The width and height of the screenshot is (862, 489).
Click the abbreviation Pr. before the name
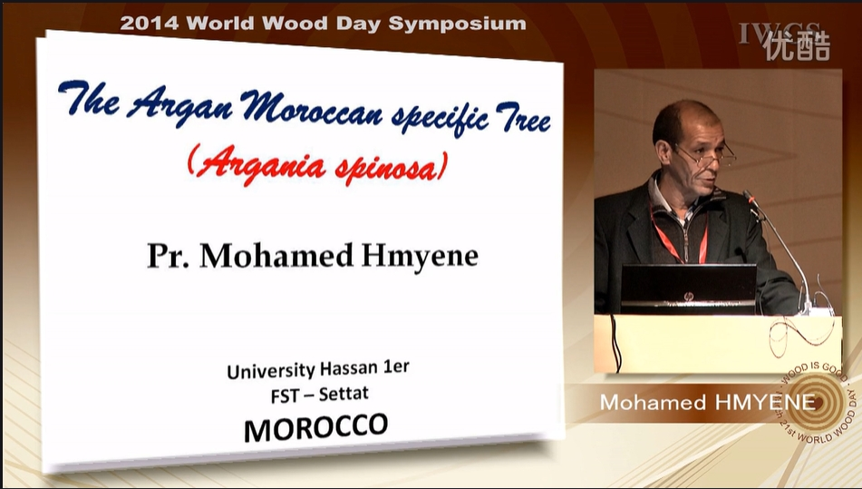pyautogui.click(x=168, y=255)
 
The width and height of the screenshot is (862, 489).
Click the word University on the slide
pyautogui.click(x=271, y=371)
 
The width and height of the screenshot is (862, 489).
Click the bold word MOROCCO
pyautogui.click(x=316, y=427)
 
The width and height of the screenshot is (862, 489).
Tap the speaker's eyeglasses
pyautogui.click(x=706, y=156)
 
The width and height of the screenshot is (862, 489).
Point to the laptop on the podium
pyautogui.click(x=688, y=289)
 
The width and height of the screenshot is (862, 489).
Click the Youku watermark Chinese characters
pyautogui.click(x=797, y=45)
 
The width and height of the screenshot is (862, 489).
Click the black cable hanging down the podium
pyautogui.click(x=615, y=342)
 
